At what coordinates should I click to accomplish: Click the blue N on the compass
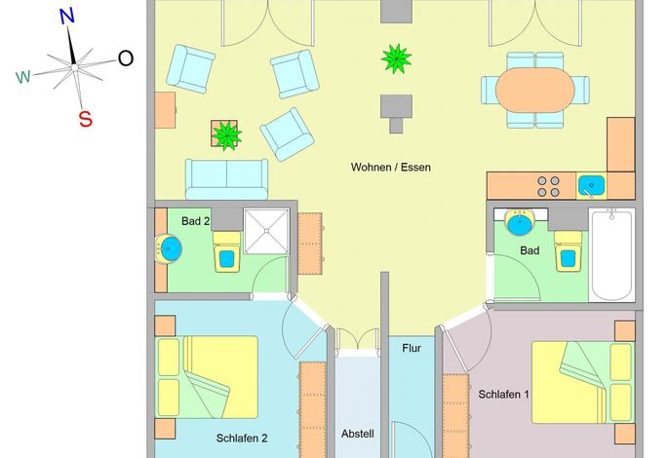67,17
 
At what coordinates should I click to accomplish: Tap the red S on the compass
86,119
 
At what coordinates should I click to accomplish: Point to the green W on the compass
23,77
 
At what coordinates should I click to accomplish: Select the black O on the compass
126,58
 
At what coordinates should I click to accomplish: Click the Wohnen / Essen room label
390,168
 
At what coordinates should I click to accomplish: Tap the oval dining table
535,90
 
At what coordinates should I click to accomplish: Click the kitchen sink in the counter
591,185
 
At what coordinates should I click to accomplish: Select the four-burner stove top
548,186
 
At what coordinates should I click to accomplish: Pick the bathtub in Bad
611,254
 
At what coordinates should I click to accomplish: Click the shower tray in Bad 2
266,231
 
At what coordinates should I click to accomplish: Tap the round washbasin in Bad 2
169,249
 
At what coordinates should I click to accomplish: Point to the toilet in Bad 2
226,252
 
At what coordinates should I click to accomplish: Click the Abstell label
358,434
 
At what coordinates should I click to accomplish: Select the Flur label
412,349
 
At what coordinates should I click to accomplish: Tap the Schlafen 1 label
503,395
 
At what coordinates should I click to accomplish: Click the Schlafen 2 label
242,439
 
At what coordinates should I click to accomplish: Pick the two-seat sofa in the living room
226,179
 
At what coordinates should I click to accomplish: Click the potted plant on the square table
226,135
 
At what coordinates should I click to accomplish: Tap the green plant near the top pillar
396,58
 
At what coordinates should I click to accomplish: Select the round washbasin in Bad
519,222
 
